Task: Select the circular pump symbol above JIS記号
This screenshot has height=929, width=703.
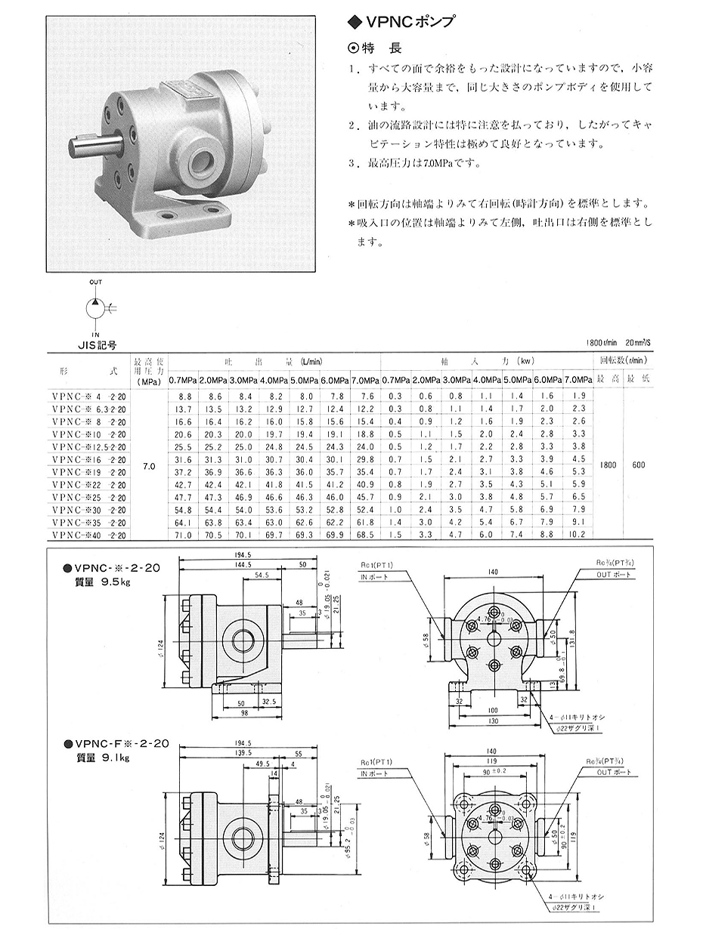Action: pyautogui.click(x=96, y=307)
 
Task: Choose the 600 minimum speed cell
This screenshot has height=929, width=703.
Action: pyautogui.click(x=638, y=466)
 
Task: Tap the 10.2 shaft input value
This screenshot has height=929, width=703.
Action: pyautogui.click(x=577, y=534)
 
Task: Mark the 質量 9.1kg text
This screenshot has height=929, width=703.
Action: pyautogui.click(x=102, y=758)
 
